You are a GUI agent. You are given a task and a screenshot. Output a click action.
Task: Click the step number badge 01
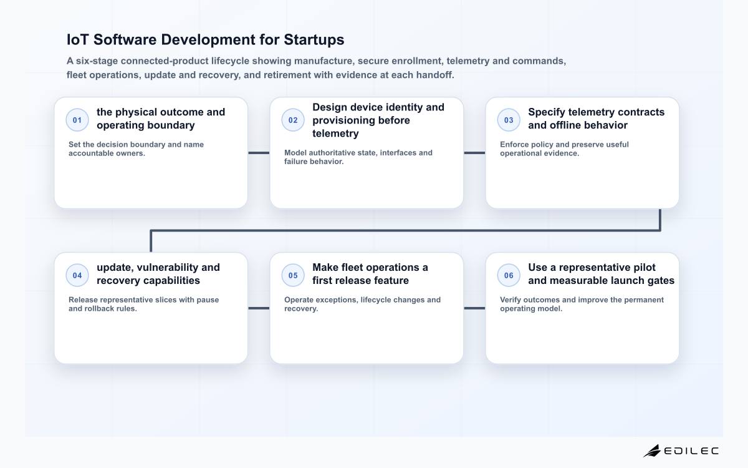[77, 120]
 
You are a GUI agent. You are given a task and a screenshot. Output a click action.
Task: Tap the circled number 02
[293, 120]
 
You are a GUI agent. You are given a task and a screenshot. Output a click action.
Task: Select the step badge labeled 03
[509, 120]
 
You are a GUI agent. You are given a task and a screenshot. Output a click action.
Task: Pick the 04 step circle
[77, 275]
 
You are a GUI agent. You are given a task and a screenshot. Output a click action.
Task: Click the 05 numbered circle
[293, 275]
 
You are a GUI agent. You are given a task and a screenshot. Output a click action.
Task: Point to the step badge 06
[509, 275]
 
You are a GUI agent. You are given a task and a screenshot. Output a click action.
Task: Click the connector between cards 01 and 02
[259, 153]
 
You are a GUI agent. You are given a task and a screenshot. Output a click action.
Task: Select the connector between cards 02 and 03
[474, 153]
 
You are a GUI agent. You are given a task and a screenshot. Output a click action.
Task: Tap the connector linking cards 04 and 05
[259, 308]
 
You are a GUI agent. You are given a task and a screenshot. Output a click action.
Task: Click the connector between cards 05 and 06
[474, 308]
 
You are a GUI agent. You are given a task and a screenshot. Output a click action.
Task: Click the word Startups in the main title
[314, 40]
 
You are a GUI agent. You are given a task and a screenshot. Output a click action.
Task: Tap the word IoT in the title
[78, 39]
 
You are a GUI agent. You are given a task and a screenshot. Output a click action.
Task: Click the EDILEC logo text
[691, 451]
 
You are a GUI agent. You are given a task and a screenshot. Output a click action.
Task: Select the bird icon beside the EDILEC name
[652, 451]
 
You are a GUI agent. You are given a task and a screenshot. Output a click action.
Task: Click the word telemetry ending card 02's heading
[335, 134]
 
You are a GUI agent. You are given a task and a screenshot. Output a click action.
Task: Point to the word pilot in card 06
[644, 268]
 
